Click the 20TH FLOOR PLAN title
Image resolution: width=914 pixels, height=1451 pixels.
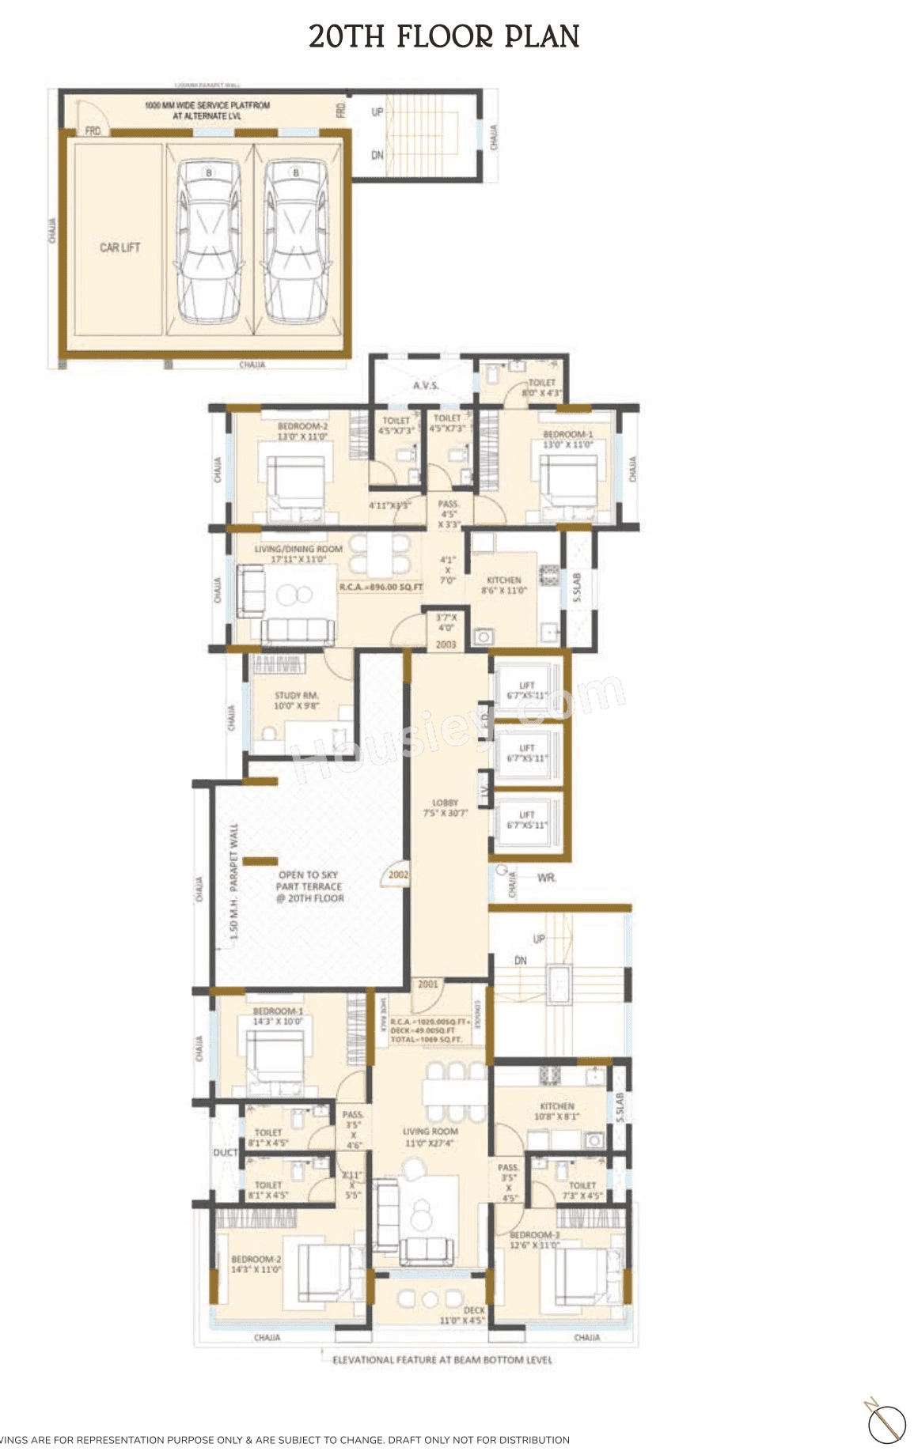(x=444, y=36)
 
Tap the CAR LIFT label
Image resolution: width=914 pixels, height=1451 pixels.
(x=119, y=248)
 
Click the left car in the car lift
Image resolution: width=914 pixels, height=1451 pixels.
(x=209, y=241)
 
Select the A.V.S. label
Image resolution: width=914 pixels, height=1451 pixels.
(x=426, y=385)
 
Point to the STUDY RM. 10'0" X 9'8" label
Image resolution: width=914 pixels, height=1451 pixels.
(x=296, y=701)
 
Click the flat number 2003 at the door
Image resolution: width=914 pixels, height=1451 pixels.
(x=446, y=644)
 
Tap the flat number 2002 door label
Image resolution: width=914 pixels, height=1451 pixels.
(x=398, y=875)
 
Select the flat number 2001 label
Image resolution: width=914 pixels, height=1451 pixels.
(x=427, y=984)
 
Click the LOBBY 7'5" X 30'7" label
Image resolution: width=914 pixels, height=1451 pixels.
(x=446, y=807)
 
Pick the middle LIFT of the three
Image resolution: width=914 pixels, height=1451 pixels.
(x=527, y=753)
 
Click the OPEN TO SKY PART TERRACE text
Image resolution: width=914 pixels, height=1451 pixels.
(x=309, y=886)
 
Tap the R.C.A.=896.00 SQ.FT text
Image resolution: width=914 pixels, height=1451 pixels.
(x=381, y=588)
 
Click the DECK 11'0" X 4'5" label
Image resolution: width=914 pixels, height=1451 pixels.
(x=462, y=1315)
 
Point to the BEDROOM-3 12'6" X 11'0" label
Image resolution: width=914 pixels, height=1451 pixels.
(x=534, y=1239)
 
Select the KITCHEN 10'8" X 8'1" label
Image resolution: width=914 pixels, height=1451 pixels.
(x=557, y=1111)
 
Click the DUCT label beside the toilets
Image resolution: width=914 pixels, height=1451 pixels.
(x=225, y=1153)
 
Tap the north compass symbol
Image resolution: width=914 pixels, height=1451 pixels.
(x=886, y=1423)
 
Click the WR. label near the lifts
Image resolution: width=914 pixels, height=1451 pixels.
(x=546, y=878)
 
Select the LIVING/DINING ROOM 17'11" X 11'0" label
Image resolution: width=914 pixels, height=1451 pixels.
(x=298, y=554)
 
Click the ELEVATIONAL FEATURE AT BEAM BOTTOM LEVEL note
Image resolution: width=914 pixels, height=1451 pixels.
(x=442, y=1360)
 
